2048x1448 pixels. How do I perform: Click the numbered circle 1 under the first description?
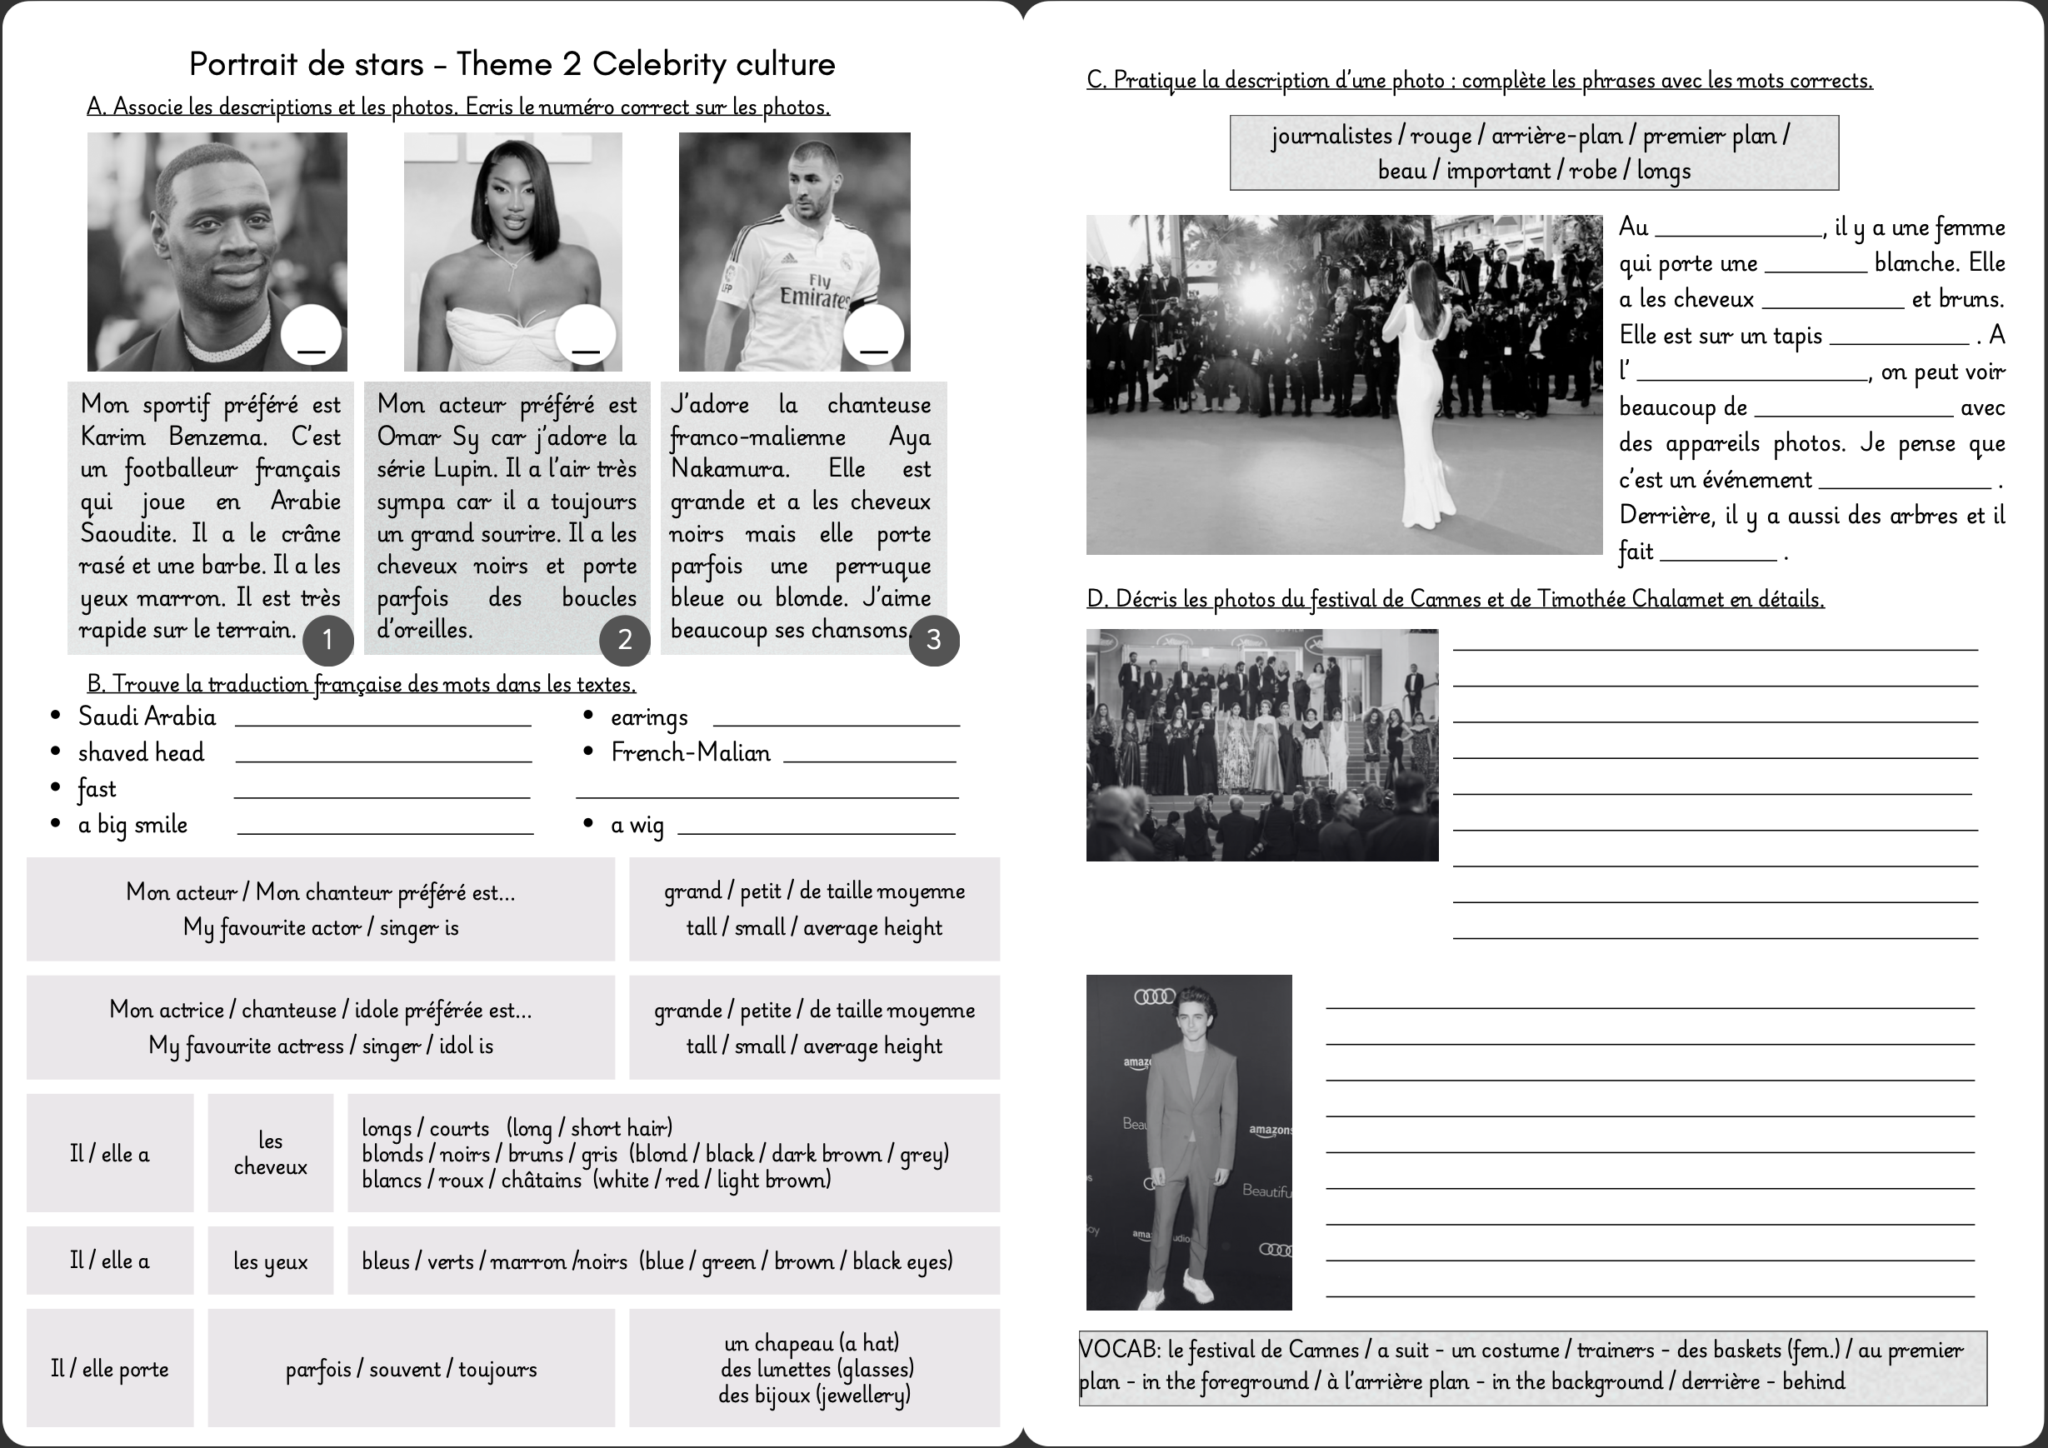coord(327,640)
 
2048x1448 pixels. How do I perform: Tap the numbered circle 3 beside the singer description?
coord(933,640)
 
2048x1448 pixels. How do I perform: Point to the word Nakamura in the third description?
coord(730,469)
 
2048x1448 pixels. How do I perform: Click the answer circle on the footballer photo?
coord(873,337)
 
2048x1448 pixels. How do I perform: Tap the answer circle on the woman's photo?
coord(585,337)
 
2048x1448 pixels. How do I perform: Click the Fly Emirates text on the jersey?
coord(814,291)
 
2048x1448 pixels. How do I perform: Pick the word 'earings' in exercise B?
coord(648,718)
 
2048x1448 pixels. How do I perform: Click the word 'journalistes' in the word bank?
coord(1331,136)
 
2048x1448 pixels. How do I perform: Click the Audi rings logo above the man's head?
coord(1154,996)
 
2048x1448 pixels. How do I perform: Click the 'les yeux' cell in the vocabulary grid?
coord(270,1261)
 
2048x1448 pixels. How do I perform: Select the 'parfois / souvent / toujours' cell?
coord(412,1369)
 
